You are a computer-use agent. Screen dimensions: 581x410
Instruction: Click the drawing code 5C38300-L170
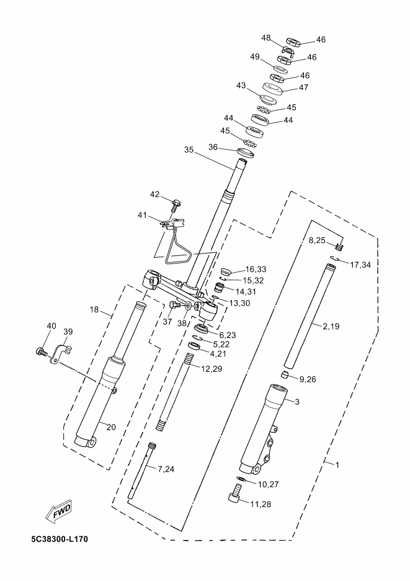tap(59, 539)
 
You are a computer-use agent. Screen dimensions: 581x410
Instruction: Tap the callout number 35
tap(190, 150)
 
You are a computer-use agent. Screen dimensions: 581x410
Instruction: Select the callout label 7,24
tap(166, 469)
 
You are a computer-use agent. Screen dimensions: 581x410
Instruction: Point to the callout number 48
tap(266, 39)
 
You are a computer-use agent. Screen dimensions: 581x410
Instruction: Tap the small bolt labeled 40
tap(42, 352)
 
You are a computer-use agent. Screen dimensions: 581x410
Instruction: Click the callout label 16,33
tap(256, 269)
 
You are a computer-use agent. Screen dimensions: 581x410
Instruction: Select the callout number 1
tap(337, 464)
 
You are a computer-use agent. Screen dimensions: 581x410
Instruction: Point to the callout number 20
tap(111, 426)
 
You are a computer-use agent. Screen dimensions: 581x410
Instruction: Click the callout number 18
tap(94, 309)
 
